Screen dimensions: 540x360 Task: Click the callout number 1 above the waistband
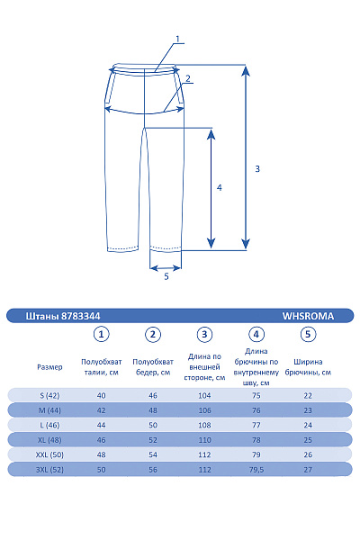tap(178, 39)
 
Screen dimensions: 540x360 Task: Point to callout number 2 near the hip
tap(188, 79)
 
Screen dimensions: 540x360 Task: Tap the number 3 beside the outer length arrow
tap(257, 168)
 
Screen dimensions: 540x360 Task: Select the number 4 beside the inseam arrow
tap(220, 188)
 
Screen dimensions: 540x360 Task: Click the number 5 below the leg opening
tap(166, 276)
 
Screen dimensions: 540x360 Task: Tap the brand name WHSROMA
tap(308, 316)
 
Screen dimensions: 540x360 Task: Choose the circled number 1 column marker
tap(102, 335)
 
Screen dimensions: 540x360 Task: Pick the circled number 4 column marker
tap(256, 335)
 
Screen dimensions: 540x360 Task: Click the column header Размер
tap(49, 367)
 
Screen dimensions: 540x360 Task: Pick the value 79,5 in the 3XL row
tap(256, 470)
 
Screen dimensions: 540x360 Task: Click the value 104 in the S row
tap(204, 395)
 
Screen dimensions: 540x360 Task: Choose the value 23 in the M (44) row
tap(308, 410)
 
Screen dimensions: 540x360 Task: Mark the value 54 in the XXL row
tap(153, 454)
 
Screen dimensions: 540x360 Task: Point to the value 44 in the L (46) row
tap(102, 425)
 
